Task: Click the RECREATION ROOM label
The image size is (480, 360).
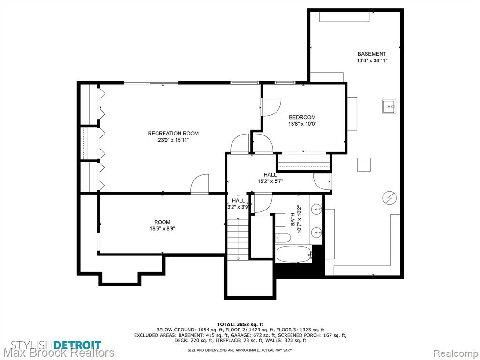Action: click(x=173, y=134)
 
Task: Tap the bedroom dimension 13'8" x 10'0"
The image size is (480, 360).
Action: click(x=302, y=124)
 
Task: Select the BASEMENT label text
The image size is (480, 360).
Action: click(x=372, y=54)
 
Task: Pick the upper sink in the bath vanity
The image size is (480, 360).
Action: click(x=316, y=209)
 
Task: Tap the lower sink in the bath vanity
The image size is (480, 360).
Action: click(x=316, y=232)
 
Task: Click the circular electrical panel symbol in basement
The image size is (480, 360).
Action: click(x=390, y=198)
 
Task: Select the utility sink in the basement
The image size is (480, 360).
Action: click(x=389, y=106)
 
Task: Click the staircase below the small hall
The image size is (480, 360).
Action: click(x=238, y=240)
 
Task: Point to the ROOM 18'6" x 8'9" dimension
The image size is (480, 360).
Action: click(x=162, y=228)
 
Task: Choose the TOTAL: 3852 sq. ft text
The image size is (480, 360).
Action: click(x=240, y=324)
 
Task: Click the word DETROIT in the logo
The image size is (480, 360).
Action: click(x=78, y=345)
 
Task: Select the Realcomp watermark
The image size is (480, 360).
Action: click(x=456, y=353)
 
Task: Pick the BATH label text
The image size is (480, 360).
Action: click(x=292, y=219)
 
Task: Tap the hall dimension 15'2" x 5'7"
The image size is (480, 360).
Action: click(x=270, y=181)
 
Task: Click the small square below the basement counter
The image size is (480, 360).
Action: click(x=364, y=165)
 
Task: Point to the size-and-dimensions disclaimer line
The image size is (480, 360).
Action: click(x=240, y=350)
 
